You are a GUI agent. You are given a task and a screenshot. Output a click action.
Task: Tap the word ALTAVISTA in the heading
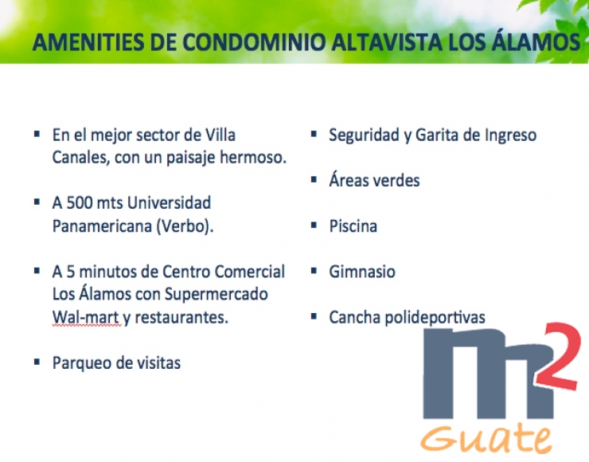[387, 41]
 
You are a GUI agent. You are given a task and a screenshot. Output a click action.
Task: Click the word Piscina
[353, 226]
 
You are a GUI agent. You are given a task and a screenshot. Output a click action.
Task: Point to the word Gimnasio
[362, 272]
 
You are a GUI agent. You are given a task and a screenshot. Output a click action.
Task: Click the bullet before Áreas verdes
[314, 179]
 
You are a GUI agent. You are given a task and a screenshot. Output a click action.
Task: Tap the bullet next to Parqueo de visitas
[37, 362]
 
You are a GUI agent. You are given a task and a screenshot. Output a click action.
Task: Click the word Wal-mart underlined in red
[86, 317]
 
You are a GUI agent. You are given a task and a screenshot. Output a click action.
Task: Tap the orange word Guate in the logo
[487, 438]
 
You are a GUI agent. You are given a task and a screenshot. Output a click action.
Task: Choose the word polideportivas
[435, 318]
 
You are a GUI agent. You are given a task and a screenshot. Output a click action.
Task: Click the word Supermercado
[216, 295]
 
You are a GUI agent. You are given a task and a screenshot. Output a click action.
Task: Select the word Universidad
[169, 203]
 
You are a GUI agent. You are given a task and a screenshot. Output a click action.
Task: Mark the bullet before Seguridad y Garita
[314, 134]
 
